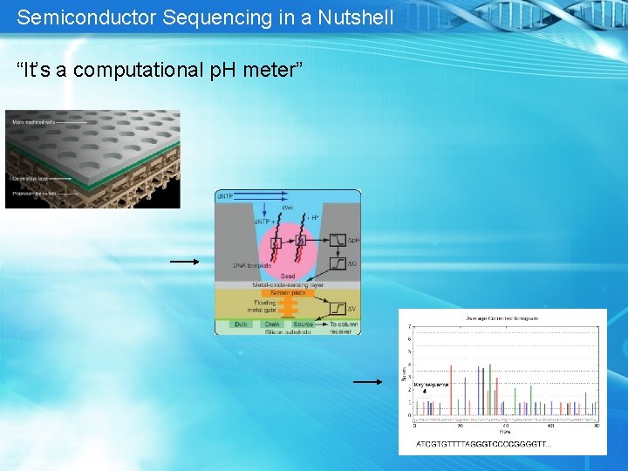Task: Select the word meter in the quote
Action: (271, 70)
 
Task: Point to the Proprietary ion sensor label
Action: (33, 192)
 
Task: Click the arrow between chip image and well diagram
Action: (184, 261)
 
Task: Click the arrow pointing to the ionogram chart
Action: (368, 381)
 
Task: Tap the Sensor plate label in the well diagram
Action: (286, 293)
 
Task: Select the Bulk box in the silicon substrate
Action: (241, 324)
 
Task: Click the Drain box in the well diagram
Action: (272, 324)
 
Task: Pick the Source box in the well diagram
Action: (304, 324)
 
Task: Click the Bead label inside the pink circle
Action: (287, 276)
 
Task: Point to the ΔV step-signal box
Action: (335, 307)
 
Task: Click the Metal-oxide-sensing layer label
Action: (287, 285)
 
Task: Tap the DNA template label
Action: (251, 265)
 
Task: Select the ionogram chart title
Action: (502, 318)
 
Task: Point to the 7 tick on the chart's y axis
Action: (411, 327)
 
